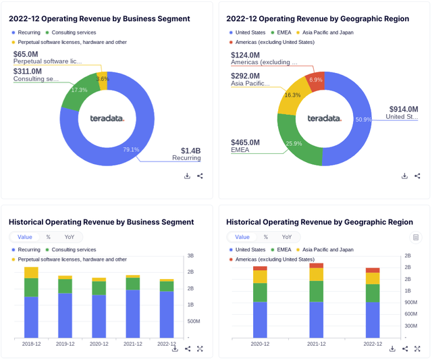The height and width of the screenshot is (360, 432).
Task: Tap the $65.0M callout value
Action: (26, 53)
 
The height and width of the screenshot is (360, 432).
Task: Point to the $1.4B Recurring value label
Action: (190, 150)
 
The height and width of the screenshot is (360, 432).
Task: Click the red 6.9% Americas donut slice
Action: (315, 80)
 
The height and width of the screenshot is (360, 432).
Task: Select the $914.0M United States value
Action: (403, 109)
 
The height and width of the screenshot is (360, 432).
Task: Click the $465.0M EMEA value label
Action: (245, 143)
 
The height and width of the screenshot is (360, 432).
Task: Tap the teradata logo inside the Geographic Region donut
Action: (324, 118)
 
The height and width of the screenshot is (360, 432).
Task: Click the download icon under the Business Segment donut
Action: (187, 176)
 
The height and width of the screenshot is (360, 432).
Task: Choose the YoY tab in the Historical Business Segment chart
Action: (70, 237)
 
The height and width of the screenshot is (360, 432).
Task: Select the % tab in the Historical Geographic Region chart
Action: (266, 237)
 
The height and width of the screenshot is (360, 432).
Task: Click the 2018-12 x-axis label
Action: (31, 344)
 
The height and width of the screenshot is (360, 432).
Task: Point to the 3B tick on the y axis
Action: (190, 256)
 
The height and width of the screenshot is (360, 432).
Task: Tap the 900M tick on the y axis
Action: (410, 302)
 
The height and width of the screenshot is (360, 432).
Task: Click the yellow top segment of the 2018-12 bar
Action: (31, 272)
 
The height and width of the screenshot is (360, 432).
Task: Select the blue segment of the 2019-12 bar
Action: (65, 315)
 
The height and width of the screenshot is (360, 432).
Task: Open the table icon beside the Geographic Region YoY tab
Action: (416, 237)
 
